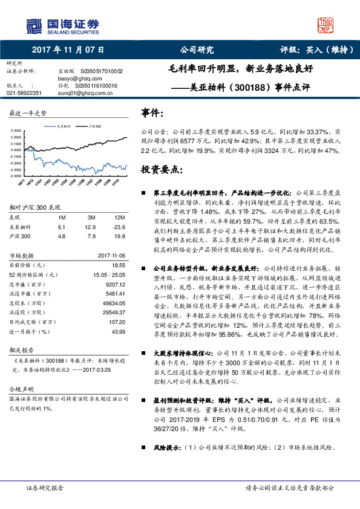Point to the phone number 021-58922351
pos(25,92)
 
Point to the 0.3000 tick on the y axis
pos(15,131)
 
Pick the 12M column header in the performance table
pos(119,216)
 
